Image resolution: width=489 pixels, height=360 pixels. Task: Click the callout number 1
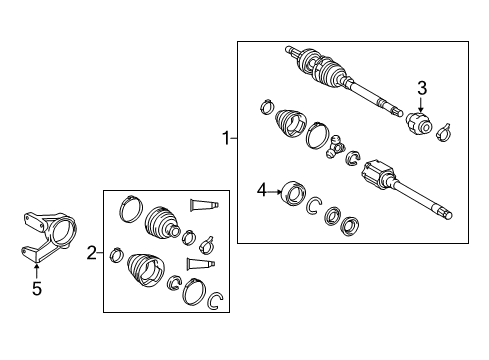tap(226, 139)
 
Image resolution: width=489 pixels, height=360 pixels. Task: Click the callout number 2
tap(91, 254)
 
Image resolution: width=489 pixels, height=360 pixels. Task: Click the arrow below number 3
tap(422, 104)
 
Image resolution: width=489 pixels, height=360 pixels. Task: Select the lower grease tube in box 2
tap(202, 264)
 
